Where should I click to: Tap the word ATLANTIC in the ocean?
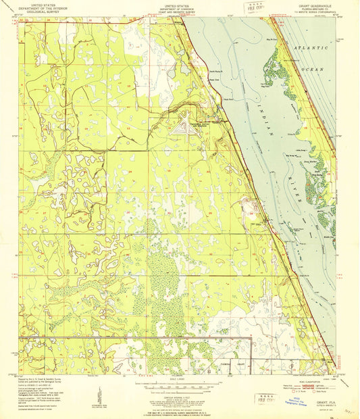[x=311, y=49]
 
